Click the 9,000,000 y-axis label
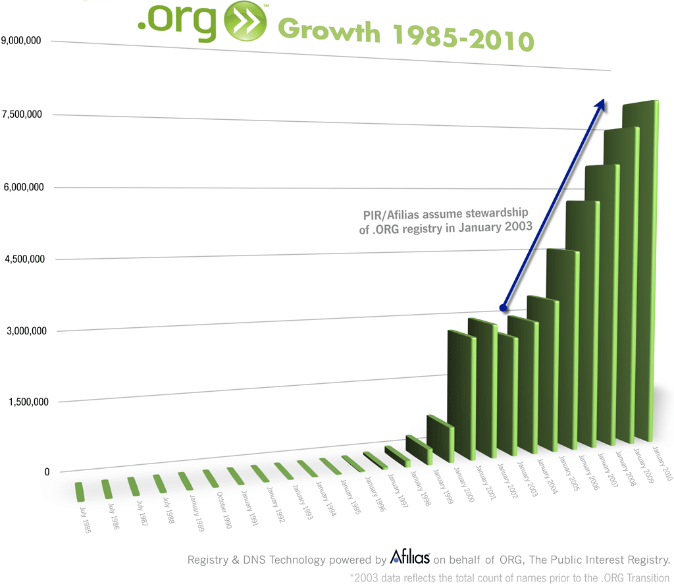(x=22, y=41)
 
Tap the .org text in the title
(x=178, y=21)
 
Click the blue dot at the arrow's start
(x=504, y=307)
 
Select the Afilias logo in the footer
(x=410, y=558)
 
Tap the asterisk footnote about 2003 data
(x=509, y=577)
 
